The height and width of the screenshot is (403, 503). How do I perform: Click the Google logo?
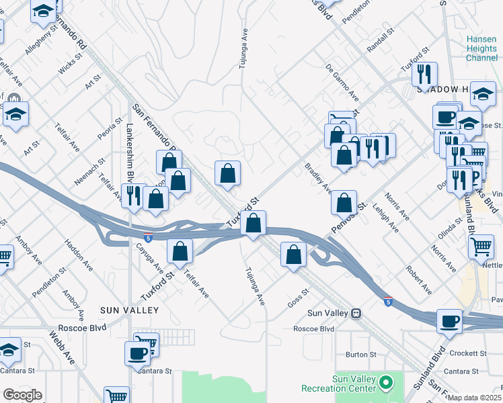(22, 395)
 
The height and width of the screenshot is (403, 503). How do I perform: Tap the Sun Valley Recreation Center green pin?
(385, 384)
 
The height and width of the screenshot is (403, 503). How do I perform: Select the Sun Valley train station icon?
(356, 313)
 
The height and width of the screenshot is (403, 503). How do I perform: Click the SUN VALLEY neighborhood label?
(129, 310)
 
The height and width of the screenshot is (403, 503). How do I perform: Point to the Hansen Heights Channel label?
(482, 48)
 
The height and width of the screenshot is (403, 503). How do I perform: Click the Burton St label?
(361, 354)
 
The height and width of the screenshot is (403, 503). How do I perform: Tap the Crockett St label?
(469, 353)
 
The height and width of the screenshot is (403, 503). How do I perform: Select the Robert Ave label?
(418, 279)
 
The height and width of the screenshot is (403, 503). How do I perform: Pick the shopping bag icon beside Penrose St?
(344, 202)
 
